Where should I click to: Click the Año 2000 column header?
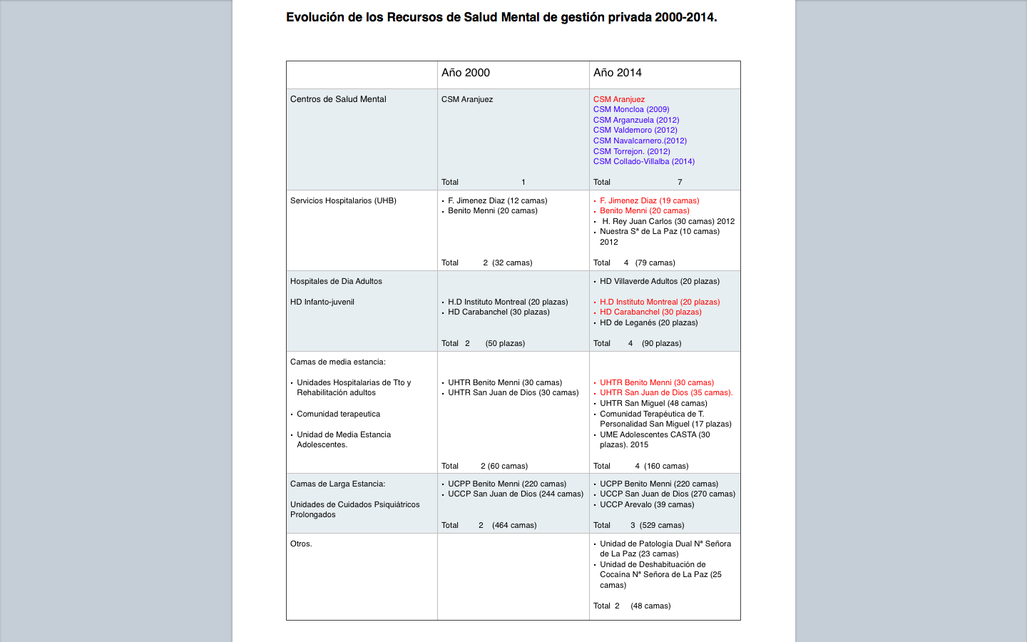pos(466,73)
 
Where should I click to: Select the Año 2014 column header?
pos(618,73)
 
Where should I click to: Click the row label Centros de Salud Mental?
pos(338,99)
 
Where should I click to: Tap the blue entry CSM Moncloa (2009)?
pos(631,109)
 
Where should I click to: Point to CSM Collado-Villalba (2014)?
pos(644,161)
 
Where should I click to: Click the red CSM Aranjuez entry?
pos(619,99)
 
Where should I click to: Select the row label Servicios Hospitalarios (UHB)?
pos(343,200)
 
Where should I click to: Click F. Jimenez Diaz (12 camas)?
pos(497,200)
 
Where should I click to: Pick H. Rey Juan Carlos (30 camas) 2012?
pos(668,221)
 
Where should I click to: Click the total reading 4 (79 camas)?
pos(649,263)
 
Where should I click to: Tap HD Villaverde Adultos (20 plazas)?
pos(660,281)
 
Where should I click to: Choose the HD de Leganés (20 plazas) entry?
pos(649,322)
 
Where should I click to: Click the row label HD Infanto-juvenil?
pos(322,302)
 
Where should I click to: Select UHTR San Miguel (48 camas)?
pos(653,403)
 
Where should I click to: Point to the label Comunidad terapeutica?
pos(338,414)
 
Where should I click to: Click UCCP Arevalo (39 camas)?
pos(647,504)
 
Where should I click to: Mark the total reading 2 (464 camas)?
pos(507,525)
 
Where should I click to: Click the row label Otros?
pos(300,544)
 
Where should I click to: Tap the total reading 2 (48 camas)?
pos(643,606)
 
